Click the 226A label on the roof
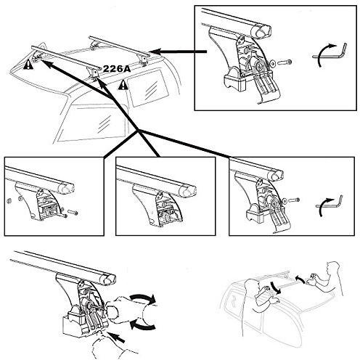117,69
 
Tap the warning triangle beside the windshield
28,65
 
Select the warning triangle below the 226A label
123,84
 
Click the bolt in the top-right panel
285,62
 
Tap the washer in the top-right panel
273,63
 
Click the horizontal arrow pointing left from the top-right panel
178,52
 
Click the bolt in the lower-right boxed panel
294,200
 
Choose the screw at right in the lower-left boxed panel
73,213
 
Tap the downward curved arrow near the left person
276,287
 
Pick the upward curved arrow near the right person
300,278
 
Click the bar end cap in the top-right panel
261,31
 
